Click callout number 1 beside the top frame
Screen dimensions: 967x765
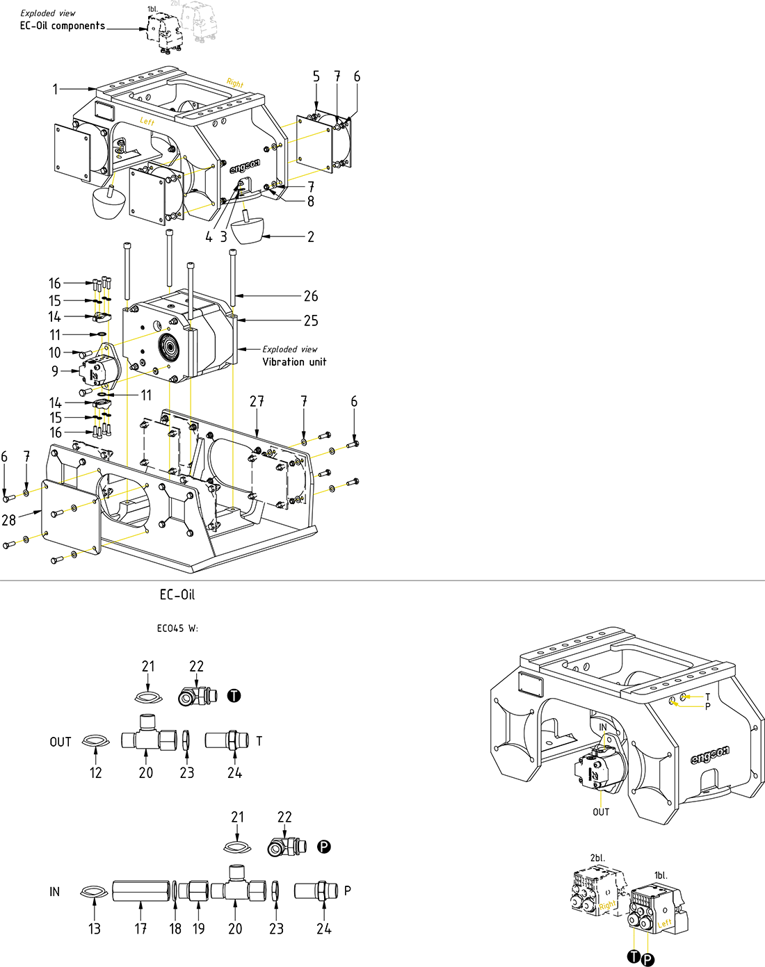tap(56, 89)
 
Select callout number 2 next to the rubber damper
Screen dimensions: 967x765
tap(310, 237)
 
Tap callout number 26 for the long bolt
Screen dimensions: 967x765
tap(311, 296)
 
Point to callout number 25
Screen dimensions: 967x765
tap(311, 321)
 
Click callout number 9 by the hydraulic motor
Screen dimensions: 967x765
tap(55, 371)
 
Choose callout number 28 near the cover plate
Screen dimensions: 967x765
tap(8, 520)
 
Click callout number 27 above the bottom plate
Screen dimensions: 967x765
tap(257, 402)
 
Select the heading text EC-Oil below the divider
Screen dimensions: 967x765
tap(177, 595)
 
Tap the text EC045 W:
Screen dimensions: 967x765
tap(177, 628)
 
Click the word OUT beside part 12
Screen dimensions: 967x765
tap(61, 742)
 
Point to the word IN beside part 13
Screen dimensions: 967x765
tap(54, 892)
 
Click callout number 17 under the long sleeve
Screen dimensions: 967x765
tap(140, 929)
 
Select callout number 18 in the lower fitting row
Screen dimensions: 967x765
tap(175, 929)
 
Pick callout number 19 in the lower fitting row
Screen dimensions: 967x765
tap(199, 929)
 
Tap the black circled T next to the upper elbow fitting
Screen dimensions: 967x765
tap(234, 696)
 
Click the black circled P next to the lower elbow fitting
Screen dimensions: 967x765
tap(324, 847)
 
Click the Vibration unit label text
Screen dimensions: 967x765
tap(294, 362)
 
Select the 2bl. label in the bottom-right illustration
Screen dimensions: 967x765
tap(597, 858)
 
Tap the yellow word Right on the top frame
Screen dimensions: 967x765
tap(235, 83)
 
